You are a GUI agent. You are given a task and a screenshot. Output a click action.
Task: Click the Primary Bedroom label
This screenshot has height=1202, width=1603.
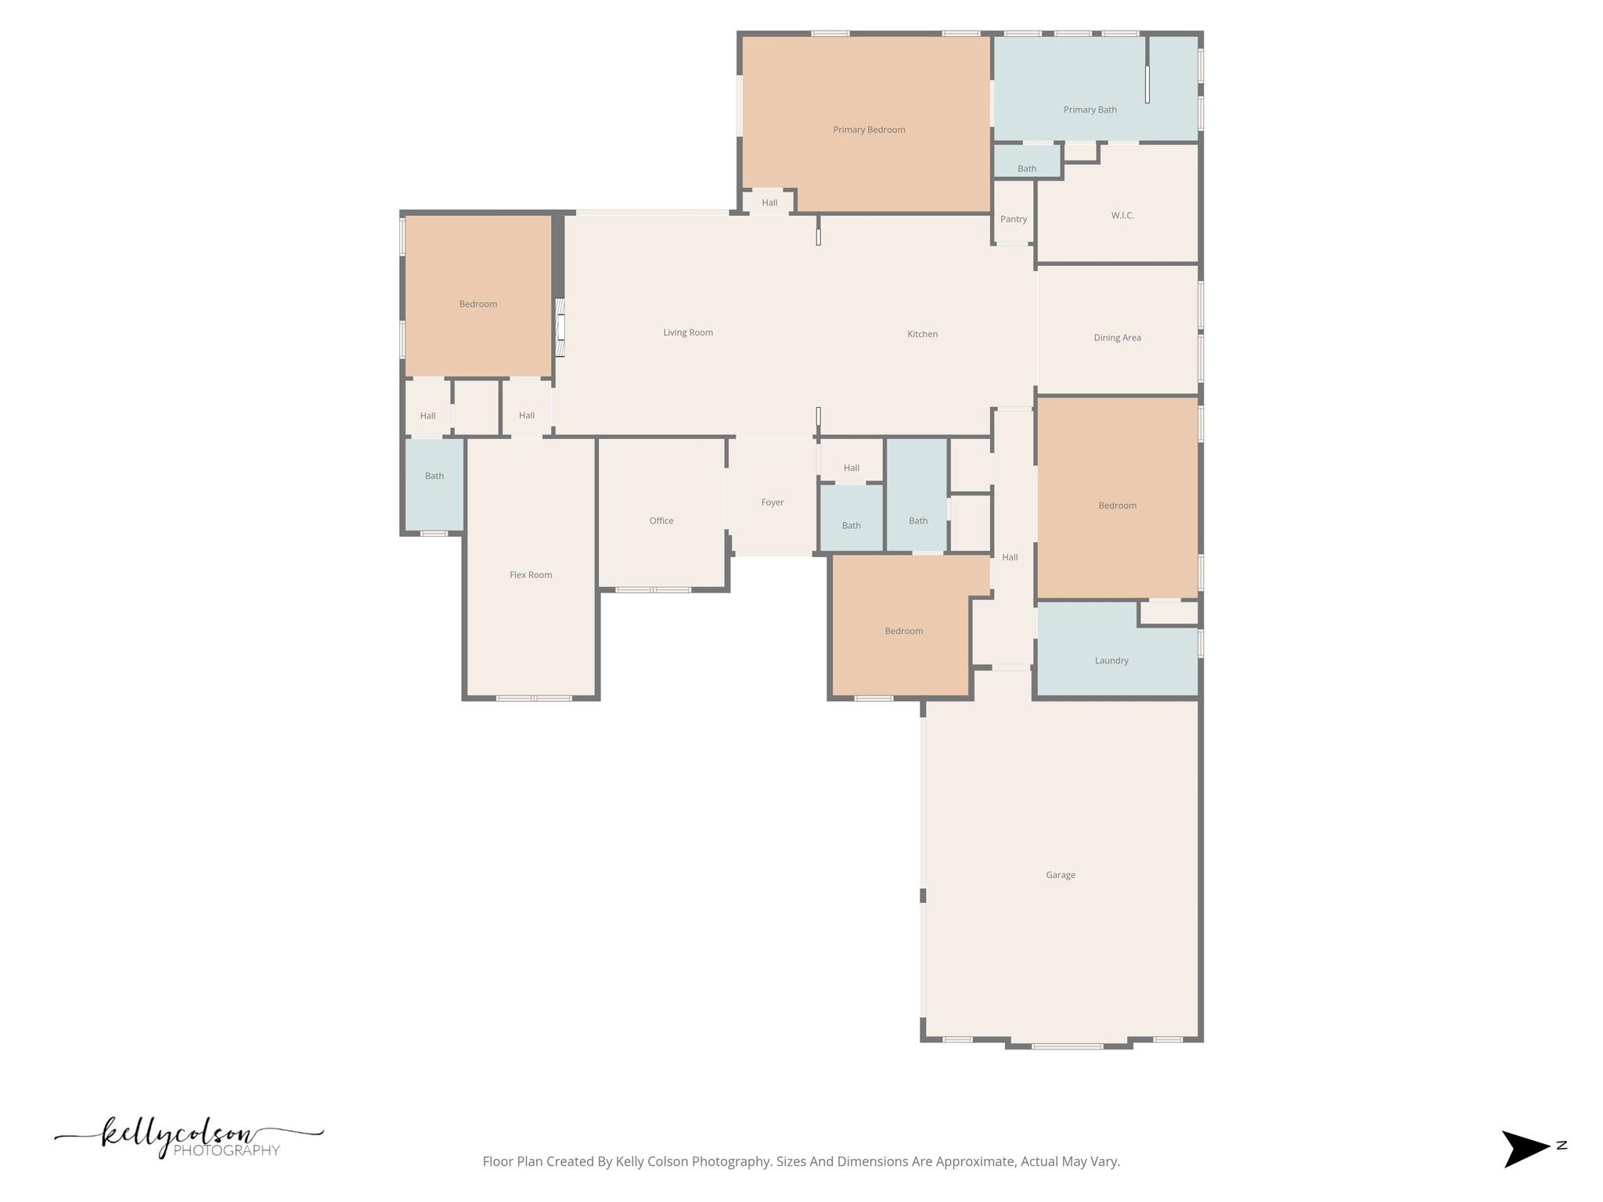[869, 130]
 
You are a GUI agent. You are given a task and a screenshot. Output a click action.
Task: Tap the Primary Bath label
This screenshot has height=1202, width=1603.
[1090, 110]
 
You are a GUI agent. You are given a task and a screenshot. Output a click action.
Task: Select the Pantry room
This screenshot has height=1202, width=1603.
[1014, 219]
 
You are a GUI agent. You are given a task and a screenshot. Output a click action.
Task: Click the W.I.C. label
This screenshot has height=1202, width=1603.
[1122, 215]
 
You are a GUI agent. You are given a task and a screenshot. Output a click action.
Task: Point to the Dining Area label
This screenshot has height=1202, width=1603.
[1117, 338]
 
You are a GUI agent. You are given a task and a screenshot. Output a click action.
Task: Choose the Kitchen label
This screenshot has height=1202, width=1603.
[922, 334]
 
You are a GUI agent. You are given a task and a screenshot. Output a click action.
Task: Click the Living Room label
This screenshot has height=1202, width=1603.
[688, 333]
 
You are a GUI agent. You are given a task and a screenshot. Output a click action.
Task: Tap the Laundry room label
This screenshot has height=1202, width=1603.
[1111, 660]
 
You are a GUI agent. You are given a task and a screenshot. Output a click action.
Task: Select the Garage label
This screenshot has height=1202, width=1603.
[1061, 875]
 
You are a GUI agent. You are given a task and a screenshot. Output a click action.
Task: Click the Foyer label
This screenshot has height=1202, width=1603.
[773, 502]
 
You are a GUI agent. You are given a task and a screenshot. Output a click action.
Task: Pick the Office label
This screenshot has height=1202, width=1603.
[661, 520]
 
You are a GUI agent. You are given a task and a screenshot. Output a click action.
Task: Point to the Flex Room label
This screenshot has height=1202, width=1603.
[531, 574]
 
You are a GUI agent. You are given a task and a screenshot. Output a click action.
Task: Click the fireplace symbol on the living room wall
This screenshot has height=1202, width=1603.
[560, 327]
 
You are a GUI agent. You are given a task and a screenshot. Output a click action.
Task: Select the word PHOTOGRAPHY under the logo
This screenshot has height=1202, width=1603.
[226, 1151]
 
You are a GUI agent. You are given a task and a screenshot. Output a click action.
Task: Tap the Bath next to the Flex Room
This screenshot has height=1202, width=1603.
[434, 476]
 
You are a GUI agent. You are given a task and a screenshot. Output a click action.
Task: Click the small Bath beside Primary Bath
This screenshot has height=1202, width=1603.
[1027, 168]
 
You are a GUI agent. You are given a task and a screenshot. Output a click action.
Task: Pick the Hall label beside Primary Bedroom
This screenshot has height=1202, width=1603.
[769, 203]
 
